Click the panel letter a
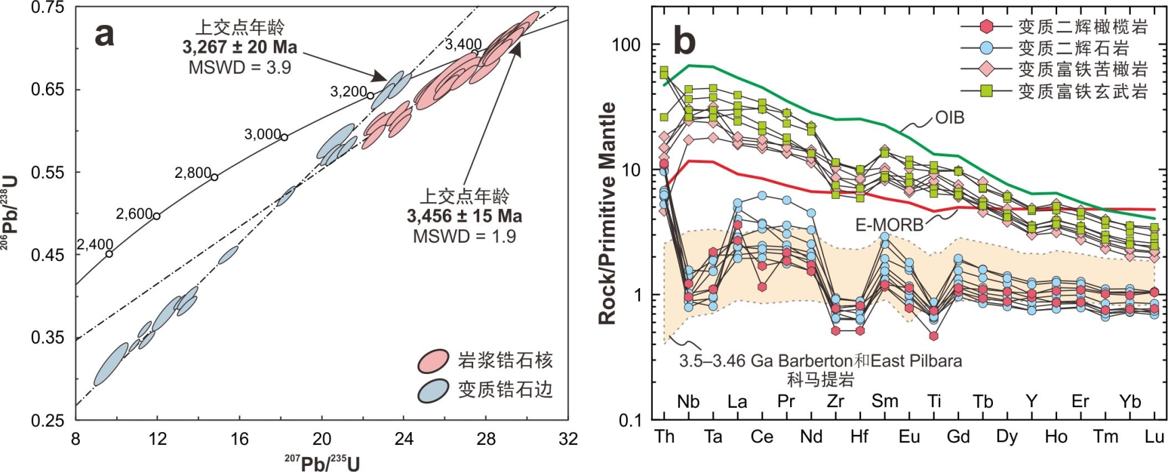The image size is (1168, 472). (104, 34)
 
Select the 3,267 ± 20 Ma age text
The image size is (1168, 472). (239, 47)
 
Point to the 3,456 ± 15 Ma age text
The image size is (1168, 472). (464, 216)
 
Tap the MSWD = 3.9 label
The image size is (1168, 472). (239, 68)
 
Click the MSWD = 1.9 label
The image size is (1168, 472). (464, 237)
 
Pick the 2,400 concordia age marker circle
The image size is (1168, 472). (109, 254)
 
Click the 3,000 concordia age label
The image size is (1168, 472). (262, 135)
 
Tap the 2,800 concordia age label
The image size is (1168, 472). (193, 173)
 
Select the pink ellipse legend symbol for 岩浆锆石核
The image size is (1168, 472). (433, 361)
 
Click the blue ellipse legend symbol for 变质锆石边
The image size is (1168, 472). (433, 390)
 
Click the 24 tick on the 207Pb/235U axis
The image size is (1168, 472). (404, 440)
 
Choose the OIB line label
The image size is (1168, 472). (950, 118)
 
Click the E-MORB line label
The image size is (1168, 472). (889, 225)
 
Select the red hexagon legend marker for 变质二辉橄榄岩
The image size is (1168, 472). (987, 26)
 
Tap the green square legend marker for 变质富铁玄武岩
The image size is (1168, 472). (987, 91)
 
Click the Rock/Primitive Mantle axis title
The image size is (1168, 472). (608, 213)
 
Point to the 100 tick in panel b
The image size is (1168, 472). (626, 45)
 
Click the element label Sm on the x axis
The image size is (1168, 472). (884, 402)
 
